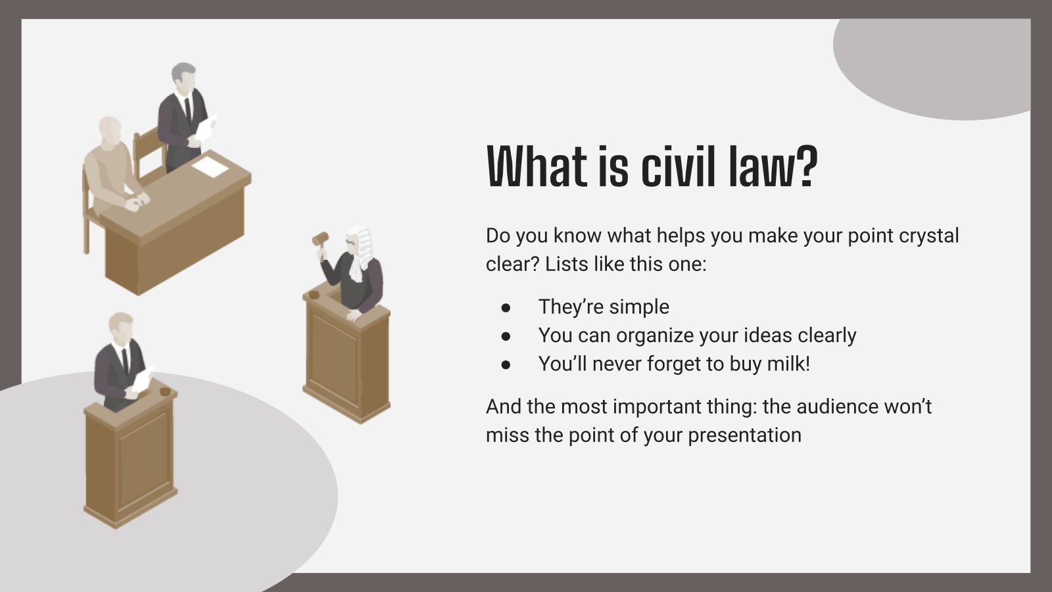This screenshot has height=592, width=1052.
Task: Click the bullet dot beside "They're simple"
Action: coord(506,307)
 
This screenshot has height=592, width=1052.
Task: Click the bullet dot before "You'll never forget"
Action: coord(506,364)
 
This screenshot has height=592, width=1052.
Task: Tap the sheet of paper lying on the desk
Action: coord(210,166)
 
